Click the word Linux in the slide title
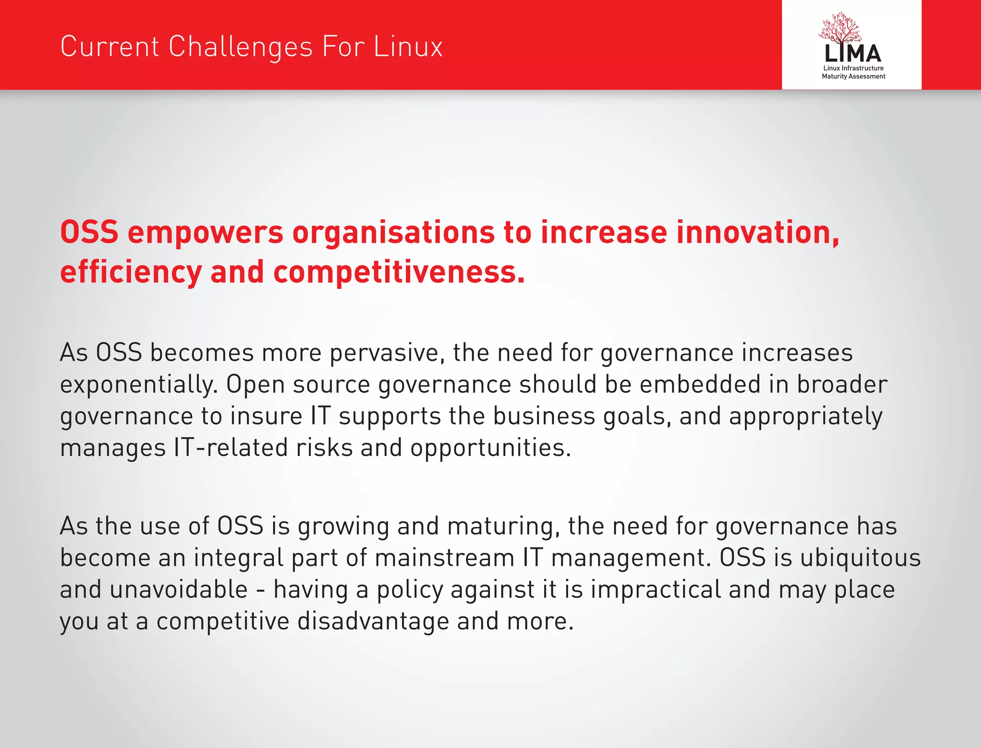[x=408, y=47]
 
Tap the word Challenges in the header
[x=241, y=47]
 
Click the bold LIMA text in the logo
[x=853, y=54]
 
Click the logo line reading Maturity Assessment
[x=853, y=76]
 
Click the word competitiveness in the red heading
[x=399, y=272]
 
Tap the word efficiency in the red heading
[x=131, y=272]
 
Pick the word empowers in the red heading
[x=205, y=233]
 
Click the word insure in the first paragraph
[x=266, y=416]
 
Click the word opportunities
[x=490, y=448]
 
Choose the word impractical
[x=656, y=589]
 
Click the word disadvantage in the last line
[x=373, y=621]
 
